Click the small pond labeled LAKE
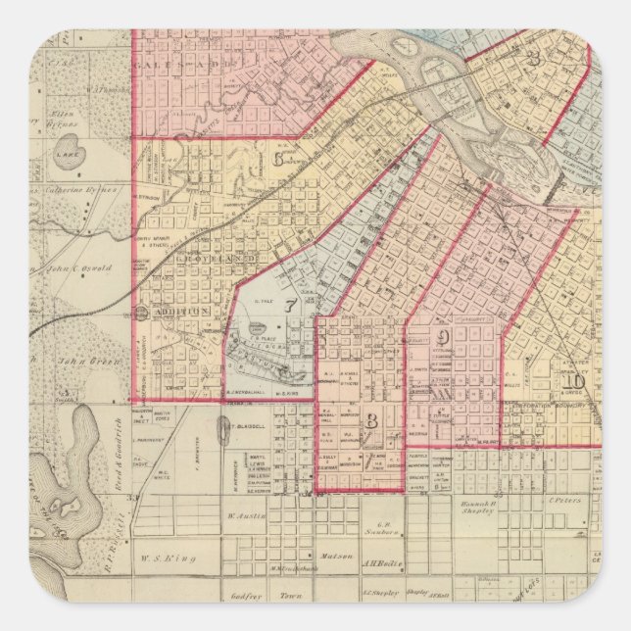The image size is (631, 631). pos(67,154)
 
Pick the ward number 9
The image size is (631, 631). pos(444,337)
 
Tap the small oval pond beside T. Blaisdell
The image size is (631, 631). pos(224,432)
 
